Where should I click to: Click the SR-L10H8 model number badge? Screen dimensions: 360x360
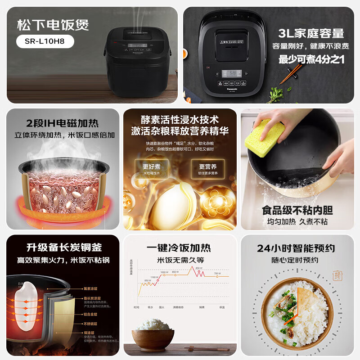pyautogui.click(x=45, y=41)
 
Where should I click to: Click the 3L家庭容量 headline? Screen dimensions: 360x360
pyautogui.click(x=311, y=33)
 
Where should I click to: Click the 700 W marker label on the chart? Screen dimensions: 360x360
pyautogui.click(x=217, y=273)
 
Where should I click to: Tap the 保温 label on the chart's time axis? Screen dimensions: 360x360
pyautogui.click(x=221, y=307)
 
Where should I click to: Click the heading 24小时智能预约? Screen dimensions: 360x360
pyautogui.click(x=296, y=248)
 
